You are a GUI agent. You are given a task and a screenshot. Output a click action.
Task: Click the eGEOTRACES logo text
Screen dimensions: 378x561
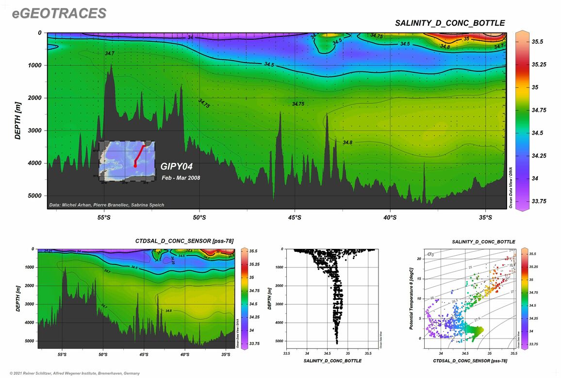click(x=59, y=14)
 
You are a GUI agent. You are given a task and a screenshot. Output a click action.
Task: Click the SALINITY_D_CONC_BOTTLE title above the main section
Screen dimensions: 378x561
click(x=450, y=23)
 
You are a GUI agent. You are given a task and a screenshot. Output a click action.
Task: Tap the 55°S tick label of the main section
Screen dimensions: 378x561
click(x=104, y=217)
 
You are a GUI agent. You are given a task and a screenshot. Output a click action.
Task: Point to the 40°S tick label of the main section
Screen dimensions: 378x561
click(x=390, y=217)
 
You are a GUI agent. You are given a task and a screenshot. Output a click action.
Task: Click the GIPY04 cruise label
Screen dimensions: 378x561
click(x=177, y=166)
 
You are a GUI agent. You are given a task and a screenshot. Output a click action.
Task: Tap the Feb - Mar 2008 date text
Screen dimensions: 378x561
click(x=181, y=178)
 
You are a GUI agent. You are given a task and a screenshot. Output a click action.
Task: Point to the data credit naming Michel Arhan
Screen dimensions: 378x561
click(x=107, y=205)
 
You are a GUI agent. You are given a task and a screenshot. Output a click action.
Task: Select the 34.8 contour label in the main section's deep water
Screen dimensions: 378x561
click(x=347, y=143)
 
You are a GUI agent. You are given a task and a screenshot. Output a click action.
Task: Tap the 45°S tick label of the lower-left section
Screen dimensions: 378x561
click(x=144, y=355)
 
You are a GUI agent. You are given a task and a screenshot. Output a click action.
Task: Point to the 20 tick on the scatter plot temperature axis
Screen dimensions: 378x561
click(x=419, y=259)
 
